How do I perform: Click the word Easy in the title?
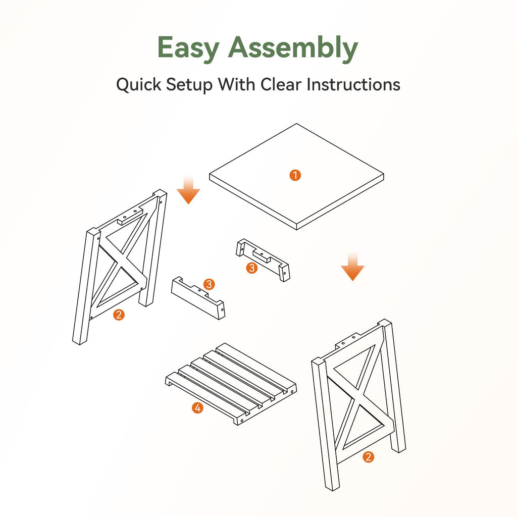coord(188,48)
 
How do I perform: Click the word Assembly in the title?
coord(293,48)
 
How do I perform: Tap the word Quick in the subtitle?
coord(139,85)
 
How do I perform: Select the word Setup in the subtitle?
coord(189,85)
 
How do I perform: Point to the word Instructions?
coord(353,84)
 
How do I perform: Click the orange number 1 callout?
coord(295,175)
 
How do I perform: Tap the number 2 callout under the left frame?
coord(119,315)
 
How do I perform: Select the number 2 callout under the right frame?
coord(368,456)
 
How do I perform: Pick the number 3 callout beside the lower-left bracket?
coord(209,284)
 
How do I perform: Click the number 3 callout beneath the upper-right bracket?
coord(252,268)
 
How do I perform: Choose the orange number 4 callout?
coord(197,408)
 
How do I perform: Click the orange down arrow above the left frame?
coord(188,190)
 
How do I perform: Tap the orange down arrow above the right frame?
coord(352,267)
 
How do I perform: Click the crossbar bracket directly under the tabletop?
coord(263,260)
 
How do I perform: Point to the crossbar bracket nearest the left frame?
coord(198,298)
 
